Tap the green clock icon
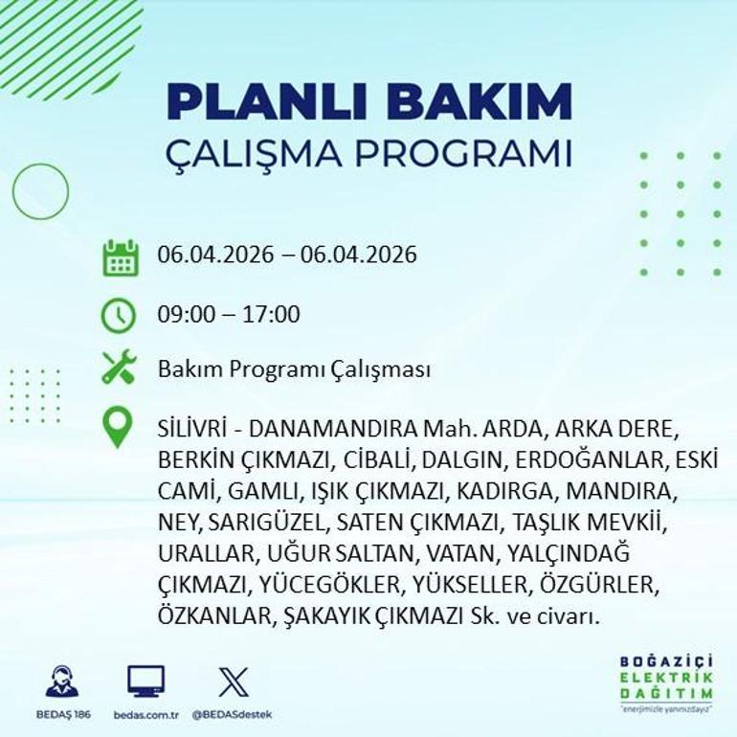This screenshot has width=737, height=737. (120, 314)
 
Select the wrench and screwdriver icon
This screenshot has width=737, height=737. (120, 368)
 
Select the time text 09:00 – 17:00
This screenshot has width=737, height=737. (229, 314)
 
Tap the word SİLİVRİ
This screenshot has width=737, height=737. (188, 428)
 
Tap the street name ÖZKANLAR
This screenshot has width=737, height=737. (214, 617)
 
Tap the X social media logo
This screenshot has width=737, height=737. (233, 681)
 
